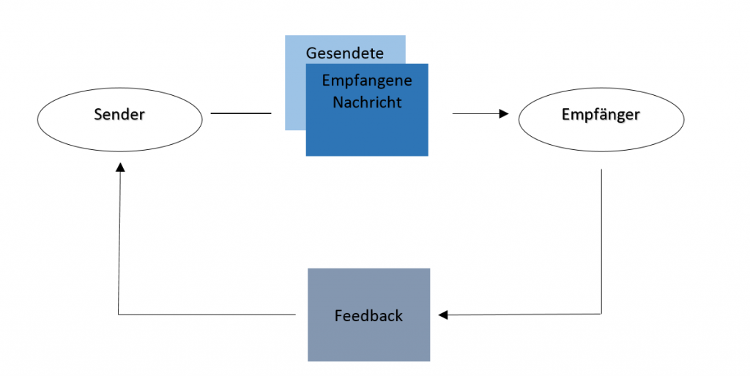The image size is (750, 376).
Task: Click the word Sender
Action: tap(119, 114)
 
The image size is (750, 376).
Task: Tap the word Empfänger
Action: tap(601, 115)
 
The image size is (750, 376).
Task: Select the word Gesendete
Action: tap(344, 53)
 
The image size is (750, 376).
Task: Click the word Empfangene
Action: tap(367, 80)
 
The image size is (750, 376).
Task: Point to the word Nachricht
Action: tap(367, 102)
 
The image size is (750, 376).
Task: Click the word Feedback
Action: tap(368, 316)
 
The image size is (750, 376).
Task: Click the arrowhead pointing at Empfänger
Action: tap(504, 113)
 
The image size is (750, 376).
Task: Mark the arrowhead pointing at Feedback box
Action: tap(443, 315)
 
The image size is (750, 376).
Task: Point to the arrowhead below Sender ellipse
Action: tap(121, 168)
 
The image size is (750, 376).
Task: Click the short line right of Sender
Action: tap(241, 113)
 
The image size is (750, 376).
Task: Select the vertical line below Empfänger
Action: tap(601, 241)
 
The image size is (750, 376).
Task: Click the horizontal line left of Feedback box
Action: tap(207, 315)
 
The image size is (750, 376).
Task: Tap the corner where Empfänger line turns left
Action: tap(601, 314)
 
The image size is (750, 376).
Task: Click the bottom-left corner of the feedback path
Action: tap(118, 315)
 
